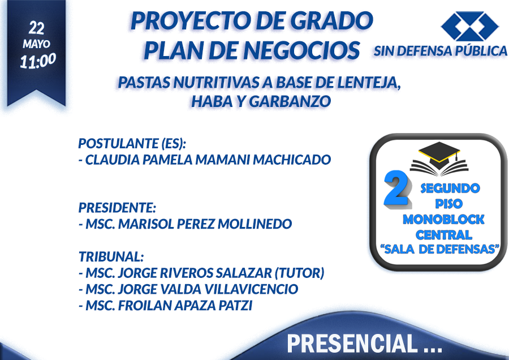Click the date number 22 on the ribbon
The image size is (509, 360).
[x=36, y=28]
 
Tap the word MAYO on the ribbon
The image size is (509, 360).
[x=36, y=44]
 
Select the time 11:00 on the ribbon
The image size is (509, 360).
[x=38, y=61]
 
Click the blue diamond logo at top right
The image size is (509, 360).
[x=469, y=26]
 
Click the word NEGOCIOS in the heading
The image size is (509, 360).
[x=301, y=50]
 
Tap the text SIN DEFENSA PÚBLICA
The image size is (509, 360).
[x=440, y=51]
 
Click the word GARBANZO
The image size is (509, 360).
[x=290, y=101]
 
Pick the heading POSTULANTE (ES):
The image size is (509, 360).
[x=132, y=143]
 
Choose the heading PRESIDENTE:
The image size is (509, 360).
[x=117, y=208]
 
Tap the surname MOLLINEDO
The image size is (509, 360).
[x=255, y=224]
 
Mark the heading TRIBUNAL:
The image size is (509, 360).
[x=111, y=256]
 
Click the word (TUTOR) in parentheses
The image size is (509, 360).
[x=299, y=273]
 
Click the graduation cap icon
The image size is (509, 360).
[x=439, y=158]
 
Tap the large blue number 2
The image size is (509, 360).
[x=396, y=188]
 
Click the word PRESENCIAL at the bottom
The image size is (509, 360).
[x=352, y=344]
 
